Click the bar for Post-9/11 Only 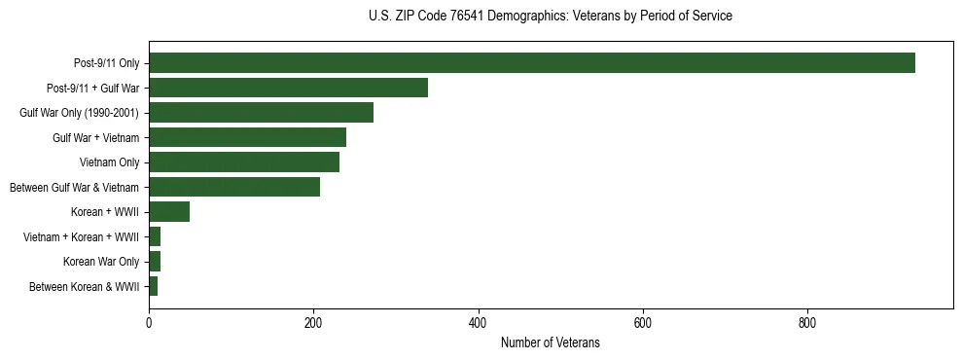click(531, 63)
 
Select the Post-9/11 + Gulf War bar click(288, 88)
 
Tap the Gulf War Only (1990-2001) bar click(261, 113)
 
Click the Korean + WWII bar click(169, 212)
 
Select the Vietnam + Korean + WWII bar click(155, 236)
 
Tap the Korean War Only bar click(155, 261)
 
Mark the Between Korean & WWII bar click(154, 286)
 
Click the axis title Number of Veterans click(550, 343)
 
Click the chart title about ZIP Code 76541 click(550, 17)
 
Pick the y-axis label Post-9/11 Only click(106, 63)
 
